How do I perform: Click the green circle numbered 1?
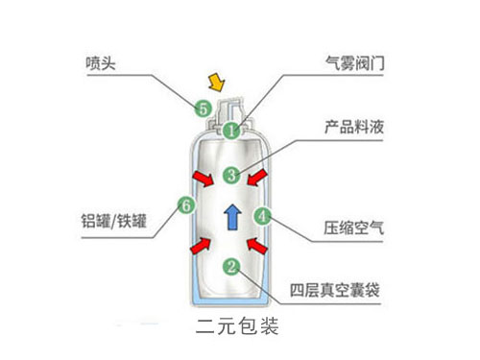point(231,129)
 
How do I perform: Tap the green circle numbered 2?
point(230,266)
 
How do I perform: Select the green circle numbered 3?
point(230,175)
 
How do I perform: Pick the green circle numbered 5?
point(203,108)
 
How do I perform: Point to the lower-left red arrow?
point(201,246)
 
